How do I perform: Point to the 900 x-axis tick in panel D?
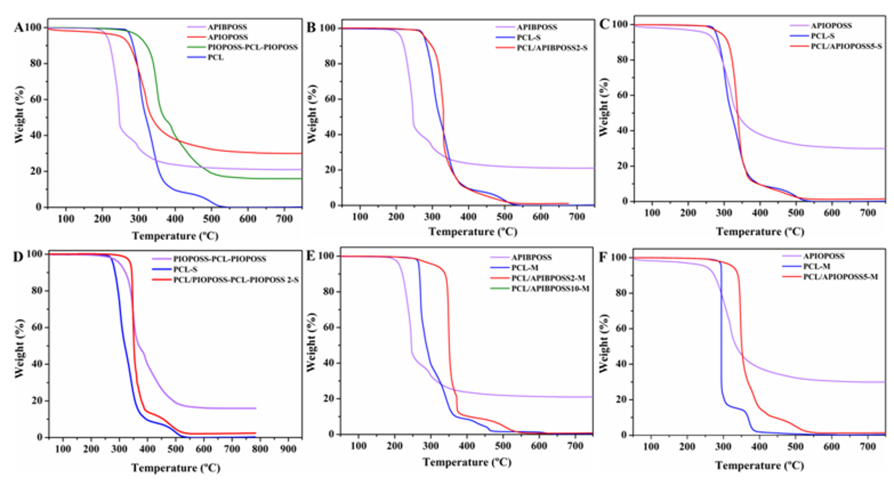point(288,449)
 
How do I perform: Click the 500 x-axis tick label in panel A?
point(211,219)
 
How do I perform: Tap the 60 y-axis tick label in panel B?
point(330,99)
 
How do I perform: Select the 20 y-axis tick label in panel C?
point(623,166)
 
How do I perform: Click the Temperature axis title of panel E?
point(467,462)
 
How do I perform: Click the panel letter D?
point(18,257)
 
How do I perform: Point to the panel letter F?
point(603,257)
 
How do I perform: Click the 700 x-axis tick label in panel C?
point(868,213)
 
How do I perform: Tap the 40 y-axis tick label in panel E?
point(329,363)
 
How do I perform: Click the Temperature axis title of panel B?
point(473,232)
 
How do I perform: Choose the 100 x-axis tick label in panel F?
point(651,447)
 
